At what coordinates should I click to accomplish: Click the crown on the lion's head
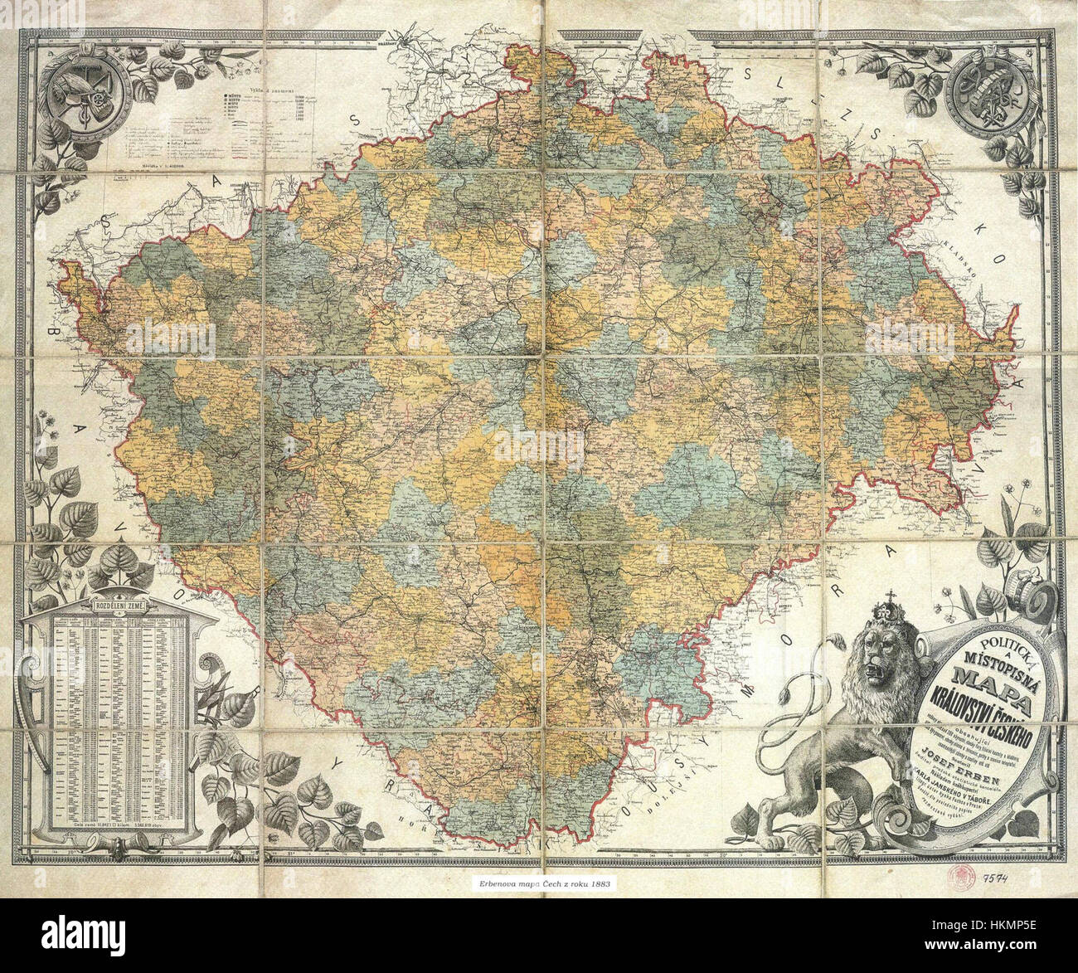click(x=891, y=617)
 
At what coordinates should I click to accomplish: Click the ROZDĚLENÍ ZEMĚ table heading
click(x=121, y=607)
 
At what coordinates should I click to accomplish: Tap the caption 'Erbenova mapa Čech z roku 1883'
click(x=539, y=884)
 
